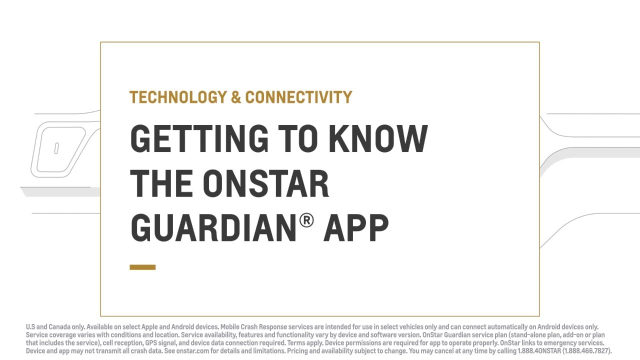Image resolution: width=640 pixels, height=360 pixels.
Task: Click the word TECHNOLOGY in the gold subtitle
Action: (178, 97)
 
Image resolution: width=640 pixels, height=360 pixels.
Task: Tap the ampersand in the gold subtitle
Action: (236, 97)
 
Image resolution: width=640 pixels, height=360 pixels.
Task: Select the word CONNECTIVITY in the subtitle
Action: (298, 97)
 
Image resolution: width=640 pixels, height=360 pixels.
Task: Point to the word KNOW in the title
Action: (378, 138)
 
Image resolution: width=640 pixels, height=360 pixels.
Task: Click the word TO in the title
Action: (298, 138)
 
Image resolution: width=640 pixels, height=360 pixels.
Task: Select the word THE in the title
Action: (161, 183)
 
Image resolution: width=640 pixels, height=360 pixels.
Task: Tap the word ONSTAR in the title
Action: (266, 183)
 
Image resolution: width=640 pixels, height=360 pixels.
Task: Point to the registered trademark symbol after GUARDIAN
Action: (306, 220)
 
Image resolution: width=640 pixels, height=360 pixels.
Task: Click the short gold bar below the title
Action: (142, 267)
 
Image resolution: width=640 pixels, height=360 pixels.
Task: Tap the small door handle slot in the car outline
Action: (56, 148)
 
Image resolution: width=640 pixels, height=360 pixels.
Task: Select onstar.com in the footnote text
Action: (192, 351)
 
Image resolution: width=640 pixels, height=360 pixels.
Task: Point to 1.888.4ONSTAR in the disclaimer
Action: (539, 351)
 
